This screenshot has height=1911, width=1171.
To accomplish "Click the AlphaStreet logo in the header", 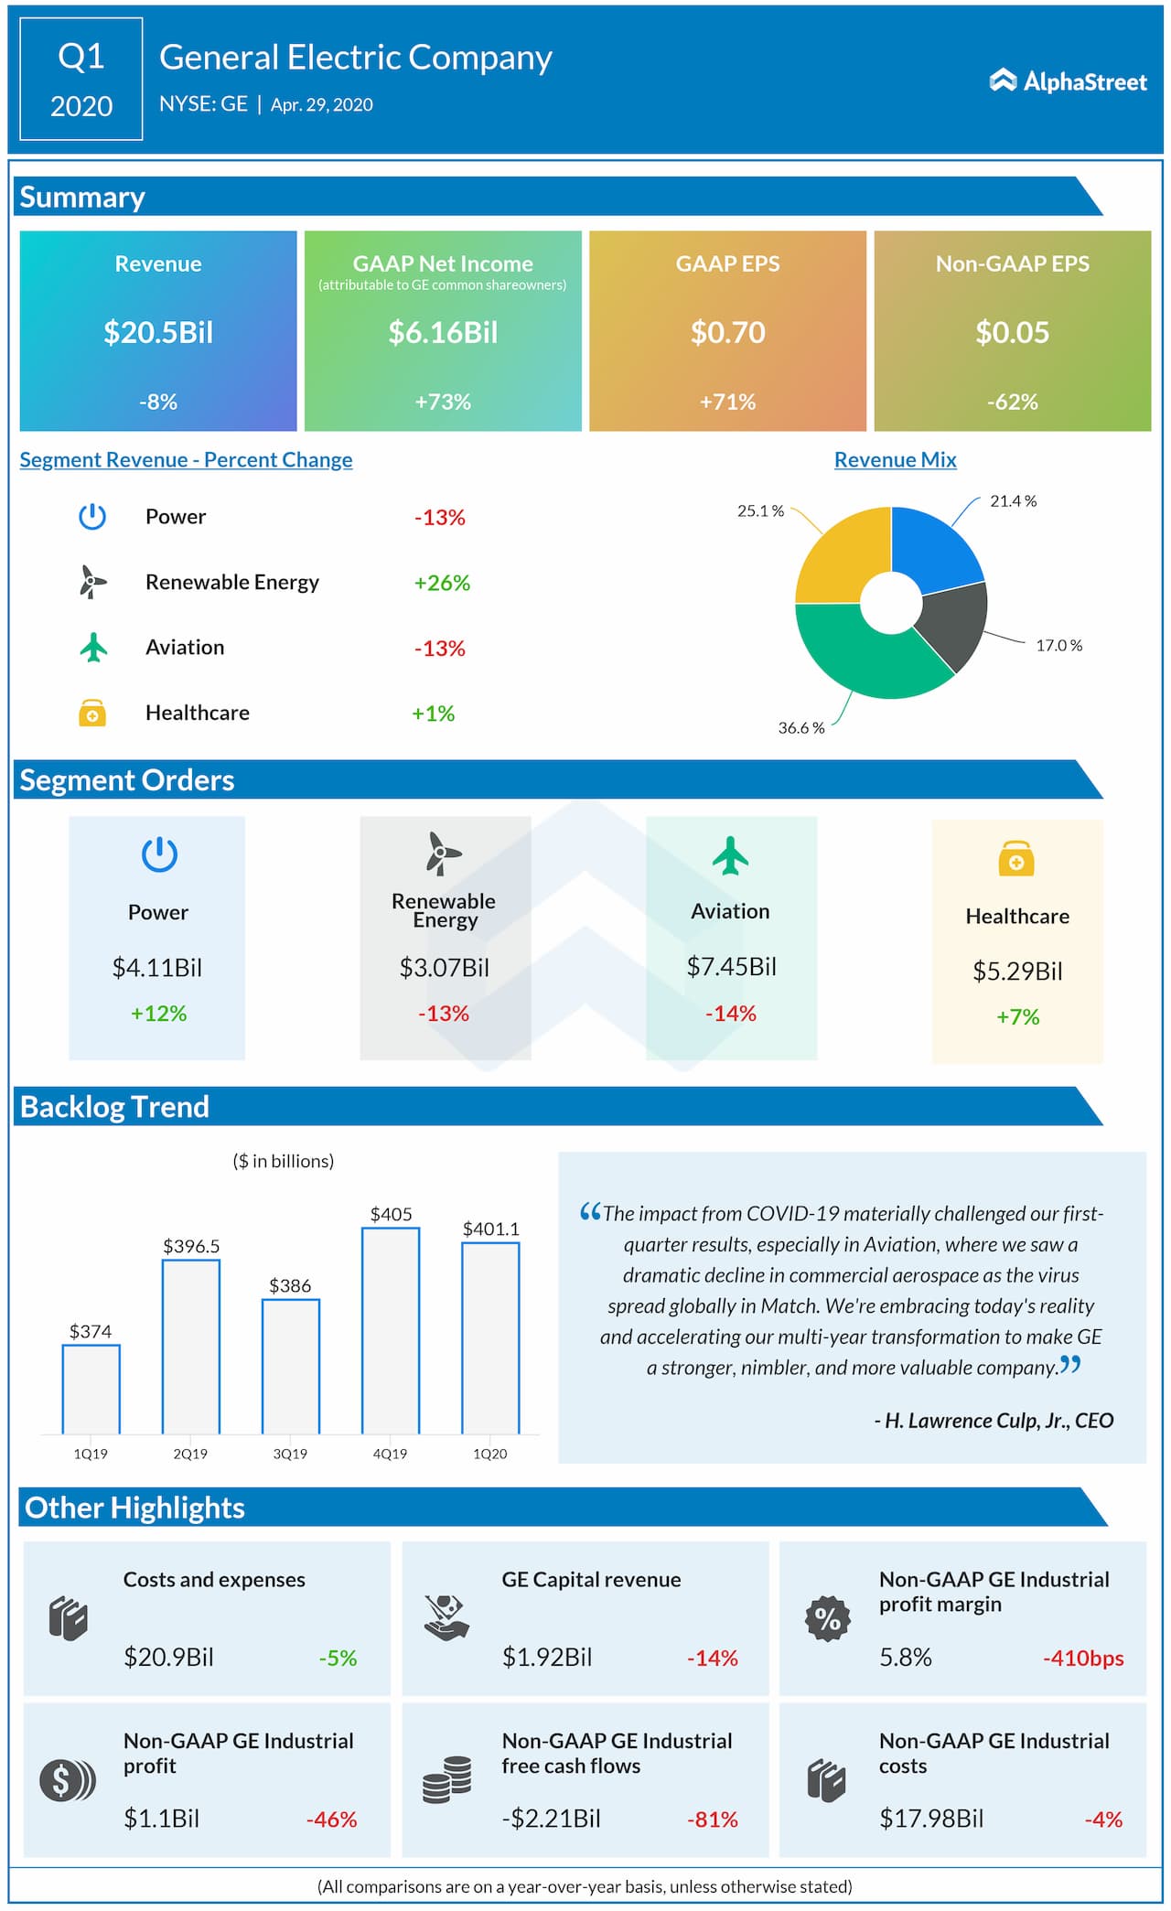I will (1068, 81).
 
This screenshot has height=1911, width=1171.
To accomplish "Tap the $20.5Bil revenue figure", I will (158, 332).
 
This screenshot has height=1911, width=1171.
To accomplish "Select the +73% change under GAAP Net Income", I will (443, 402).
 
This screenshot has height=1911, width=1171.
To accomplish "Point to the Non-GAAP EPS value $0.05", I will (1012, 332).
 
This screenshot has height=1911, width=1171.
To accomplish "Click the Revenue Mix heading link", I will (895, 460).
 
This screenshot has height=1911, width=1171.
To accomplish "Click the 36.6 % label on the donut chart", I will (800, 728).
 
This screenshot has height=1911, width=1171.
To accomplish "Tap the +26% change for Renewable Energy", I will (442, 583).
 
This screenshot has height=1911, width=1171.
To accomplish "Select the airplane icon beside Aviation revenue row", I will (93, 647).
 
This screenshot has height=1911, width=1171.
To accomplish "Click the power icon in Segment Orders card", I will (159, 854).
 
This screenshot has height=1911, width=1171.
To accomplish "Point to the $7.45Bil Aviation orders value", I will (731, 967).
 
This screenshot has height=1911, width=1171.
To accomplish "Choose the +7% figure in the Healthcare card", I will (1017, 1017).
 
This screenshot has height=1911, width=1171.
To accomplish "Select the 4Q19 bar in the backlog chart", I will (391, 1331).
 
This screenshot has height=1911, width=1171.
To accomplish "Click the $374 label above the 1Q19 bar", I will (91, 1331).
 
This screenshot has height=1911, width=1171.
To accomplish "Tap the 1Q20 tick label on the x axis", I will (489, 1454).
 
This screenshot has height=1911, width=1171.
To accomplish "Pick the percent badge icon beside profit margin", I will (827, 1619).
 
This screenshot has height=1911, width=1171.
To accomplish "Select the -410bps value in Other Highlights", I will (1083, 1659).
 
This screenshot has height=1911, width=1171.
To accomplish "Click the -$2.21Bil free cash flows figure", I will (551, 1819).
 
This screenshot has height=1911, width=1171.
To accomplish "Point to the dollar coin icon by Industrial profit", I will (66, 1780).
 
